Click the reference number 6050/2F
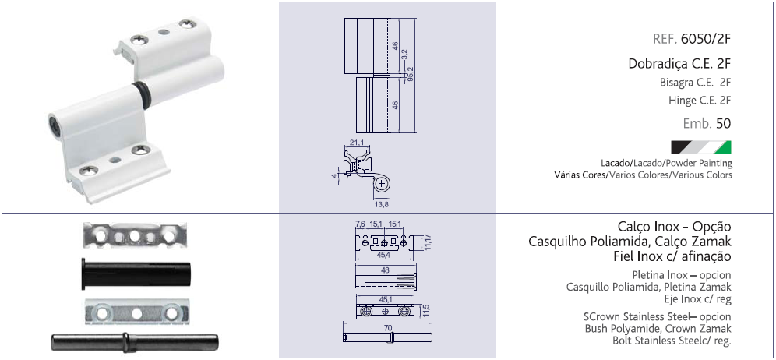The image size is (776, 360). click(x=706, y=38)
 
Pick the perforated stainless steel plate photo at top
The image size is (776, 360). click(x=136, y=233)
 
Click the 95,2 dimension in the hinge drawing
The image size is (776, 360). click(x=411, y=74)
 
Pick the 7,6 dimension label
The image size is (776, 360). click(x=360, y=224)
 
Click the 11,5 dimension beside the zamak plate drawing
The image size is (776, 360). click(x=425, y=310)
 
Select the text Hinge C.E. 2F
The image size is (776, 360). click(x=699, y=101)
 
